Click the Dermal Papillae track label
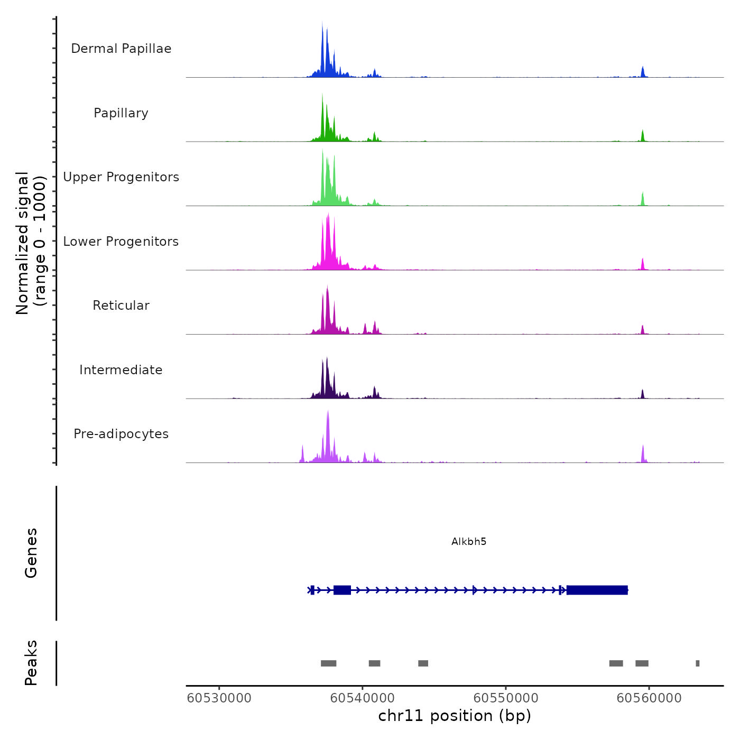(x=121, y=49)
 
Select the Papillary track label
(x=121, y=113)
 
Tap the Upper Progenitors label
(x=121, y=177)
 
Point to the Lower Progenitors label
(x=121, y=242)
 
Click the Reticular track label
(x=121, y=306)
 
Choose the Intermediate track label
(x=121, y=370)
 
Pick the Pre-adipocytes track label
(x=121, y=434)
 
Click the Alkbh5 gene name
(x=469, y=541)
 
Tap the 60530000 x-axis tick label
(x=219, y=698)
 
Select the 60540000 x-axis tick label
(x=363, y=698)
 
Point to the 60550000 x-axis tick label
(x=506, y=698)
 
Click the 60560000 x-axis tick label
(x=649, y=698)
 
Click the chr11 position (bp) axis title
(x=455, y=716)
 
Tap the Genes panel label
(x=31, y=553)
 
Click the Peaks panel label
(x=31, y=663)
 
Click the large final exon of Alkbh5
(x=597, y=590)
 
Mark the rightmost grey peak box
(x=698, y=663)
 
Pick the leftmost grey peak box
(x=328, y=663)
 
